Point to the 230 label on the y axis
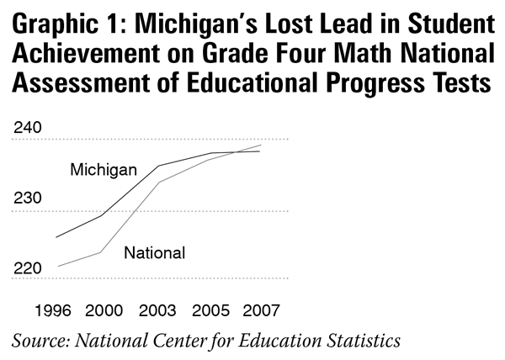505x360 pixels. click(x=28, y=199)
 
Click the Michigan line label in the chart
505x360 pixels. click(x=104, y=170)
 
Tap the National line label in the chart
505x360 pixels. click(x=154, y=252)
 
